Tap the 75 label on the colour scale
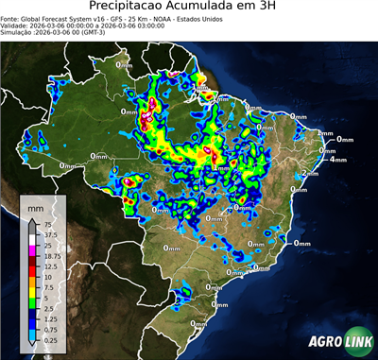(46, 224)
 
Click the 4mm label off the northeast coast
(337, 159)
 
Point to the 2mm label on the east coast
(325, 134)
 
